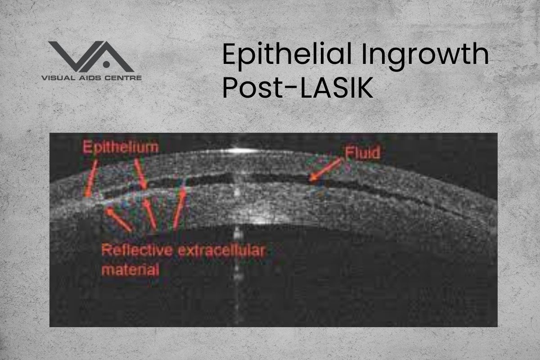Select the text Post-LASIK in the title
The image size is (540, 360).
pos(297,88)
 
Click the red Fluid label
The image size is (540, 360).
pos(362,153)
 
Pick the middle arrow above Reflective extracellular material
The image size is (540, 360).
pos(150,214)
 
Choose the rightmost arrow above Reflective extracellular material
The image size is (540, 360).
pos(179,208)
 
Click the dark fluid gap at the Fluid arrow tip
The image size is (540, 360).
pos(310,180)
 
